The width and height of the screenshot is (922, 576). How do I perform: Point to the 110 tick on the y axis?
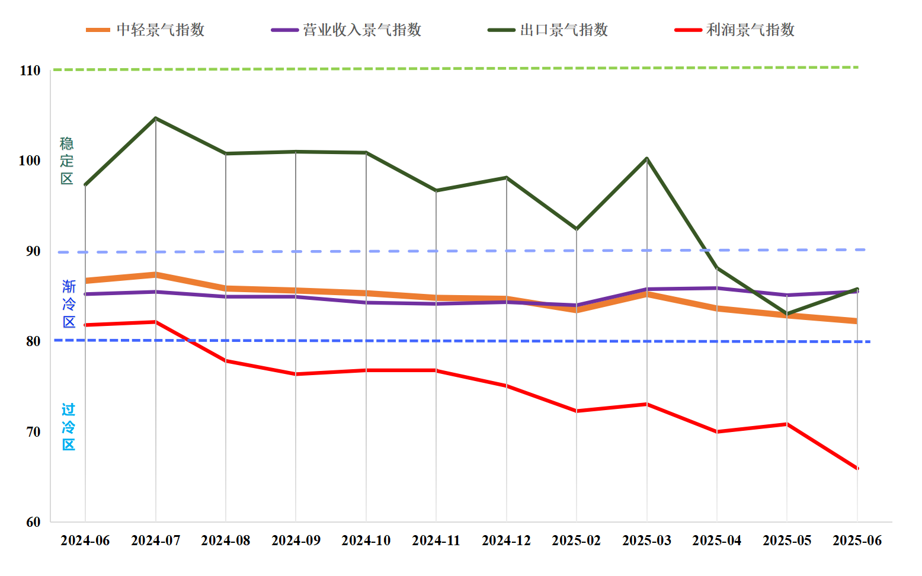coord(30,71)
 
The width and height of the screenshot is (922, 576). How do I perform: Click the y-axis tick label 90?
coord(33,251)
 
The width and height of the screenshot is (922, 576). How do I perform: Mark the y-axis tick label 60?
coord(33,522)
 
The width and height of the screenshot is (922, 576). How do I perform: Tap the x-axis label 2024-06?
coord(85,540)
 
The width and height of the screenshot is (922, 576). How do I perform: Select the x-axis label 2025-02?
coord(577,540)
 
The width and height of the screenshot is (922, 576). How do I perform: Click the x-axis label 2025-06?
coord(857,540)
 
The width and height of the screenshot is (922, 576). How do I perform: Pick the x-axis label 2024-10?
coord(366,540)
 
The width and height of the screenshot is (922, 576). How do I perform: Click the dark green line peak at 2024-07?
coord(155,118)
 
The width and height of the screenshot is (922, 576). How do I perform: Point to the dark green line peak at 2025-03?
coord(646,158)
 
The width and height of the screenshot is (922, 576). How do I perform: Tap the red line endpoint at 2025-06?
coord(857,468)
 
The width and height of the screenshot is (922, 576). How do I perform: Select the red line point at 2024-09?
coord(296,374)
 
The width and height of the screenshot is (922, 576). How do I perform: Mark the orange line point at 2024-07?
coord(155,274)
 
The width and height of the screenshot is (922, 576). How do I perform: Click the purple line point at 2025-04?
coord(717,288)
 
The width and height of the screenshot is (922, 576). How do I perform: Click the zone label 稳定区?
coord(67,161)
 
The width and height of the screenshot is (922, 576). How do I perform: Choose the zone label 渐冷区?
coord(69,304)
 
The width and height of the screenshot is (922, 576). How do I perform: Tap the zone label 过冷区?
coord(69,427)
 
